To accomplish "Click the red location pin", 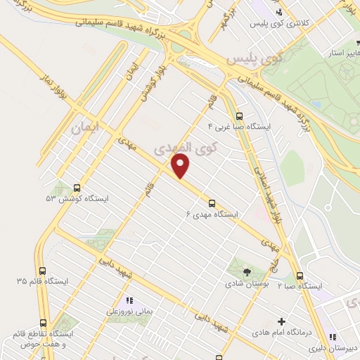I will tap(181, 166).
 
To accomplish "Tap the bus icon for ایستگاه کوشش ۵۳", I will tap(77, 188).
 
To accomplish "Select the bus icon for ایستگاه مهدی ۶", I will tap(212, 202).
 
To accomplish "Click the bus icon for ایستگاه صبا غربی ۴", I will tap(239, 116).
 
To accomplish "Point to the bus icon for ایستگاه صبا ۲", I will tap(300, 275).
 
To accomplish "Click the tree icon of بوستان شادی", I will tap(246, 272).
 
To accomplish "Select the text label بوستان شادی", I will tap(246, 285).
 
